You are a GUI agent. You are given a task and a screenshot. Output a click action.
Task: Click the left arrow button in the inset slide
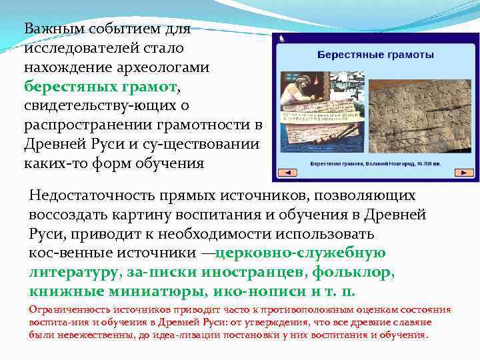287,173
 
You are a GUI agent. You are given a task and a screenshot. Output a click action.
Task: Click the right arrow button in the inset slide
464,173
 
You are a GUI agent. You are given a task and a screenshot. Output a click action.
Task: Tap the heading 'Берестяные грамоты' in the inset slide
375,53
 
